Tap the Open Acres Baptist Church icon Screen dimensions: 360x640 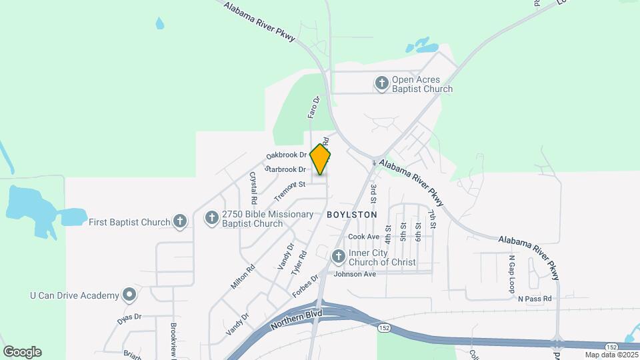381,83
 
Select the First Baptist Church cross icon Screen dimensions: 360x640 179,222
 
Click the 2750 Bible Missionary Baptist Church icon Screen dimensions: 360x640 211,218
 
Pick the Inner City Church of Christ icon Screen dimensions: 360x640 338,256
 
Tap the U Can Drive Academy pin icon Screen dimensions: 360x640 129,295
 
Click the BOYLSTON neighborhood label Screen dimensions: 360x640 352,215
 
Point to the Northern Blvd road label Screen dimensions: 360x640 297,320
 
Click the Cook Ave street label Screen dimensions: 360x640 363,237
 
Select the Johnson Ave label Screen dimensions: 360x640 355,274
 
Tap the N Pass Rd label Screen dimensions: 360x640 535,299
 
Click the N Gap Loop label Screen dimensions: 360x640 512,274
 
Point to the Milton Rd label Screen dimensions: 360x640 243,277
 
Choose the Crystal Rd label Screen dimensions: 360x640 253,188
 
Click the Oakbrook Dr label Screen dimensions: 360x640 286,155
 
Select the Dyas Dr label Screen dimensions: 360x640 130,318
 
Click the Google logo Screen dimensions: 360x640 22,352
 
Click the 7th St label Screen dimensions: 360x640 432,219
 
